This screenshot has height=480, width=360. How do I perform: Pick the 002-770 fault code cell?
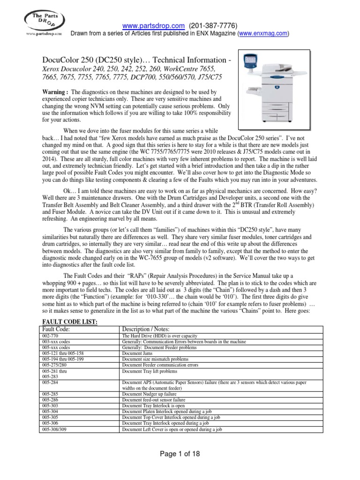pyautogui.click(x=51, y=336)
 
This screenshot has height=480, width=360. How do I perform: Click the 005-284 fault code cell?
pyautogui.click(x=51, y=383)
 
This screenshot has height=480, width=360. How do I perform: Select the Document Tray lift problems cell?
pyautogui.click(x=146, y=370)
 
